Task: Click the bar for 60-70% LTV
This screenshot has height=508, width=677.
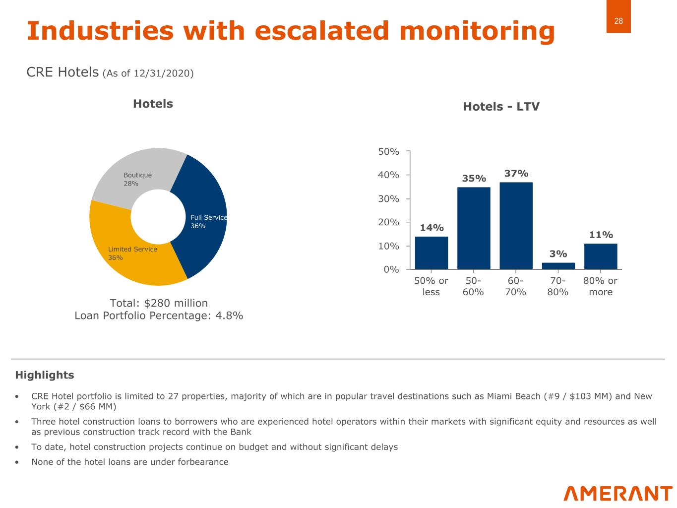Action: [516, 226]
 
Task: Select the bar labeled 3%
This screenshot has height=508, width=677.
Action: [558, 266]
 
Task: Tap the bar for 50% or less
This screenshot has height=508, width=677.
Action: [431, 253]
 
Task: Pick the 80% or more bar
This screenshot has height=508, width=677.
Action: [601, 256]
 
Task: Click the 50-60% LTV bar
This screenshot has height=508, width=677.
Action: [474, 228]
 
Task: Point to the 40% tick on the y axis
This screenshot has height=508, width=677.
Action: [389, 175]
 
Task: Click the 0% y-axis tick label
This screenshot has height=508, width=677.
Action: [391, 269]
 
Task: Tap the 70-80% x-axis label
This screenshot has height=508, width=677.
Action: [558, 286]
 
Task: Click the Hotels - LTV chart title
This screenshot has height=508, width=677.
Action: [501, 107]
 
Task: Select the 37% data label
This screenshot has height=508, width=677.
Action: [516, 173]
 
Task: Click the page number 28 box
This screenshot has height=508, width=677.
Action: [618, 21]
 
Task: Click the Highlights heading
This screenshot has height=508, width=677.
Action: [45, 375]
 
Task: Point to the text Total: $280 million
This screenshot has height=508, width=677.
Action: [159, 303]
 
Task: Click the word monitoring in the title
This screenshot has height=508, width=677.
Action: [477, 31]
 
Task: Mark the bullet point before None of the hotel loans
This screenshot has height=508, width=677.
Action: [18, 462]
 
